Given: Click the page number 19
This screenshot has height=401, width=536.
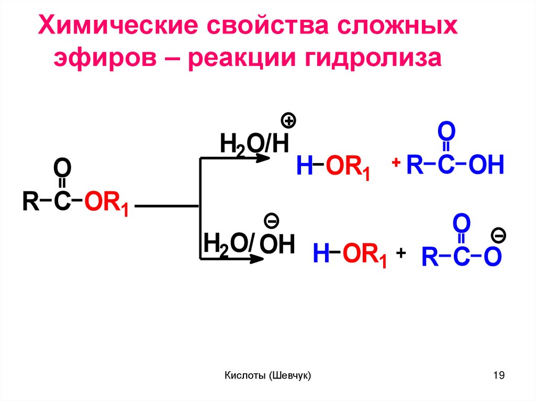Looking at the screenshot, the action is coord(498,375).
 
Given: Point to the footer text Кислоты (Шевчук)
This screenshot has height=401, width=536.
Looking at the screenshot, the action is coord(267,375).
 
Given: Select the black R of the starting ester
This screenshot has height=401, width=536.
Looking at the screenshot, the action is coord(29,202).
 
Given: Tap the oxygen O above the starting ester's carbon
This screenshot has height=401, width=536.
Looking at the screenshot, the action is coord(62,169).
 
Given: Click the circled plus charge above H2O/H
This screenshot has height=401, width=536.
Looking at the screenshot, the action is coord(288,122).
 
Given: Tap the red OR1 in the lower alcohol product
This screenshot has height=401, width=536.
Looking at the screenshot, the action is coord(364,255).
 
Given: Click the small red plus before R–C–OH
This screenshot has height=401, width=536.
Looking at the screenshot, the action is coord(396,163).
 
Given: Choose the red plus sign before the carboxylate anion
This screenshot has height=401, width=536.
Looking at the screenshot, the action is coord(401,253).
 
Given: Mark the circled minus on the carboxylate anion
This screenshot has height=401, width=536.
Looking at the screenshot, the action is coord(498,236).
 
